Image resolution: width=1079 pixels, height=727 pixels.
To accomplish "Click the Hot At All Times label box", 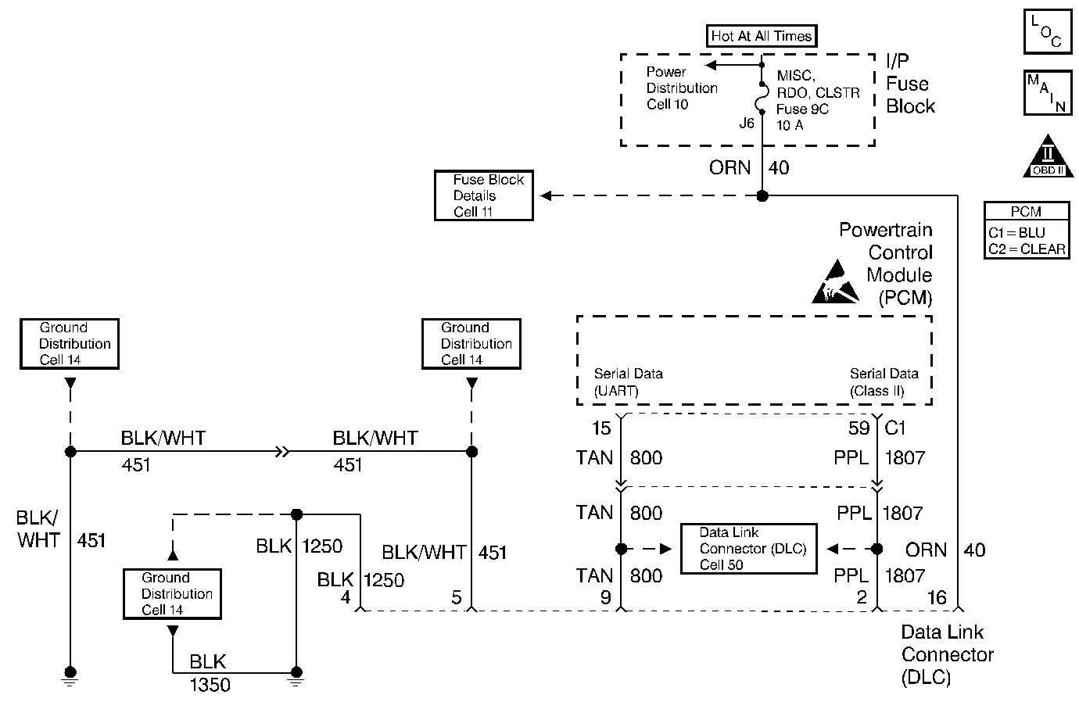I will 762,36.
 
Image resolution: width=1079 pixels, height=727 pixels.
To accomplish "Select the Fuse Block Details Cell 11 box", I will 484,195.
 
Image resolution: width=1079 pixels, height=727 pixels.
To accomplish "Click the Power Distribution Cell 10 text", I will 681,88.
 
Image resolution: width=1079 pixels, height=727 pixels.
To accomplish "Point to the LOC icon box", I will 1047,32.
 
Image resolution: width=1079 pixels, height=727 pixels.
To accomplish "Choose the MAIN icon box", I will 1047,92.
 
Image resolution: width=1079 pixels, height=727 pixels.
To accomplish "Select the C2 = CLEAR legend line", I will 1027,249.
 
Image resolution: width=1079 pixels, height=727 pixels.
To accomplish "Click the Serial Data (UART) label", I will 628,382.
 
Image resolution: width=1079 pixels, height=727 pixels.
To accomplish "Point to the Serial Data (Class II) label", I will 884,382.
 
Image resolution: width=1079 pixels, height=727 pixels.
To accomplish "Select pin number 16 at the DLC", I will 936,598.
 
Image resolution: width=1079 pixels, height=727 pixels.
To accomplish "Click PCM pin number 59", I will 859,428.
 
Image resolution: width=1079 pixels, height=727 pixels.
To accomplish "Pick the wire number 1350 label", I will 210,686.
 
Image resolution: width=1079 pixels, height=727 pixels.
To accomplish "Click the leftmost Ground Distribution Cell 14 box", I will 70,344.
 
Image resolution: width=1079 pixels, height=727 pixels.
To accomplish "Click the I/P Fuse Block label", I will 910,84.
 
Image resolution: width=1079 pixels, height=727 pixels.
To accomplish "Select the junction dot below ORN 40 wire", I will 762,195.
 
